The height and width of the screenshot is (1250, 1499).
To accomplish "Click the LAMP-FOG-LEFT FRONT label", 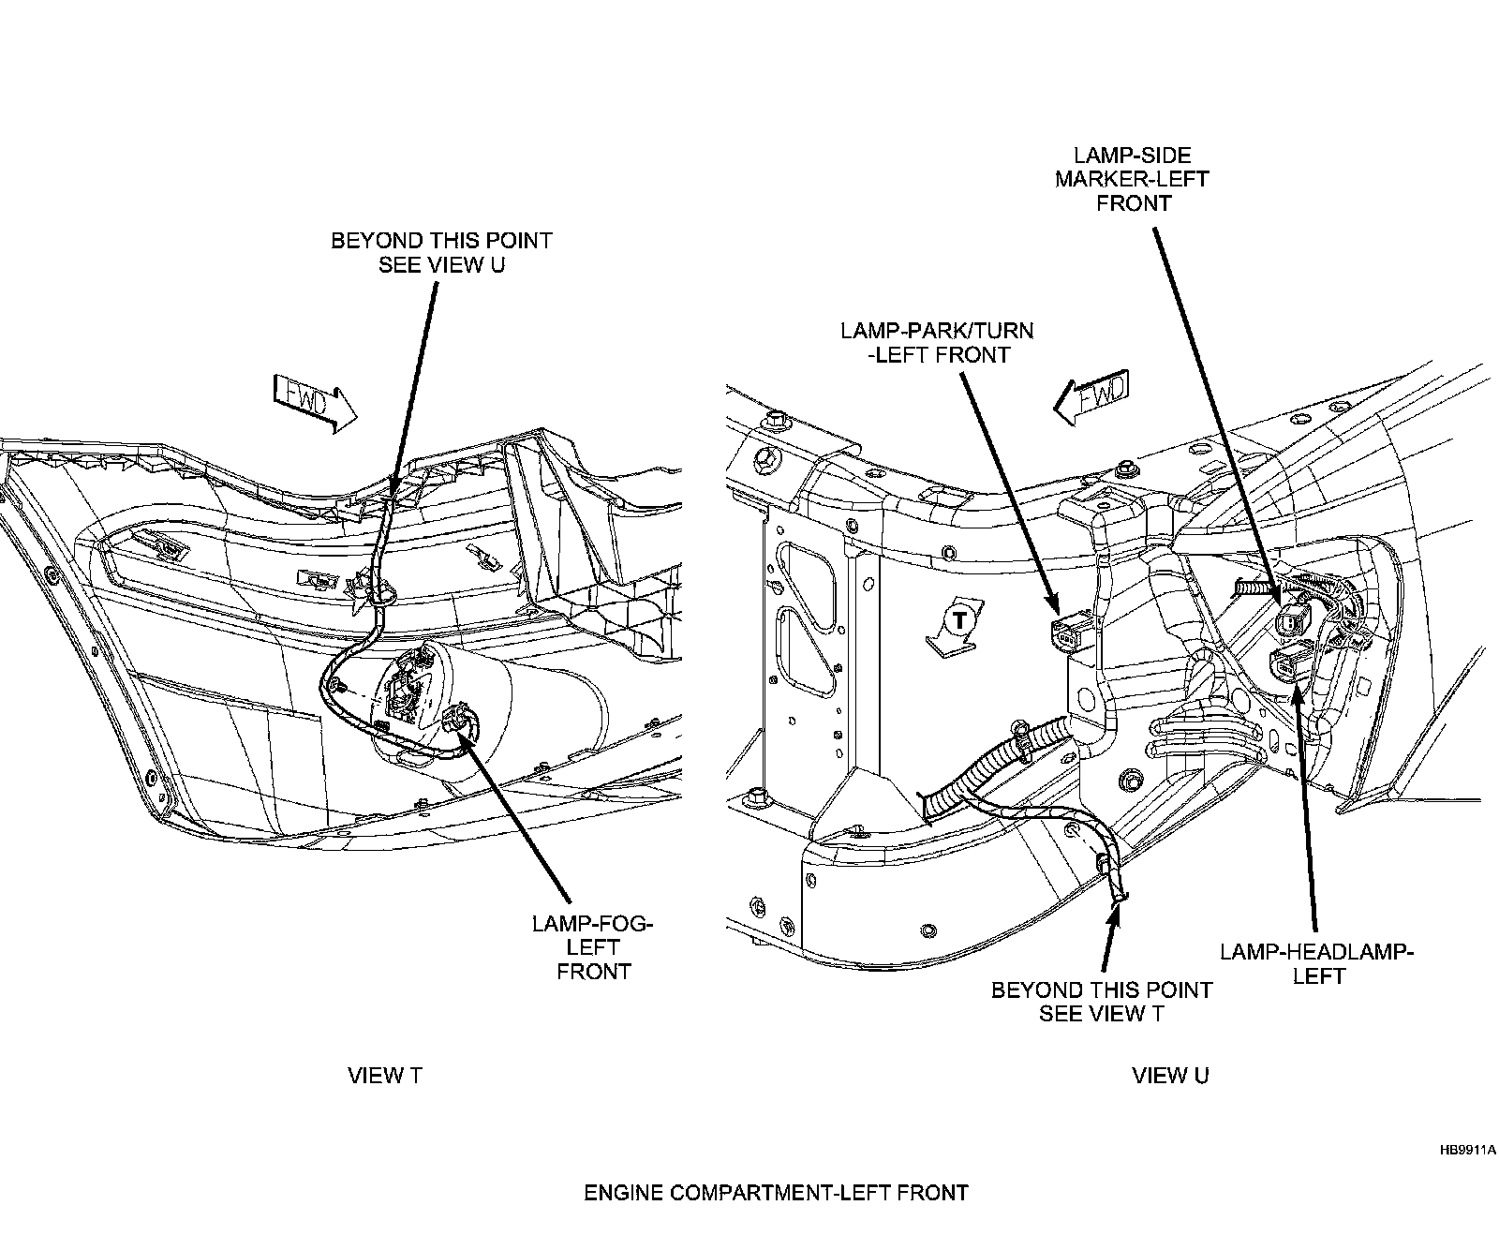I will coord(593,947).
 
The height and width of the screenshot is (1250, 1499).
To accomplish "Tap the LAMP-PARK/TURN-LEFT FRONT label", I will coord(937,342).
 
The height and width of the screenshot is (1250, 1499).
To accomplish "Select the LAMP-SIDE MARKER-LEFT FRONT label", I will coord(1133,178).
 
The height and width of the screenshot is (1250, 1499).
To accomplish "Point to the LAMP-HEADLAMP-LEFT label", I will coord(1316,964).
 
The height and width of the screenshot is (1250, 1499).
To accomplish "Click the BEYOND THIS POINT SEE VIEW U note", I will coord(441,252).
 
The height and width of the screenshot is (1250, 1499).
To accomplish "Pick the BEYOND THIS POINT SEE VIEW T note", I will coord(1102,1002).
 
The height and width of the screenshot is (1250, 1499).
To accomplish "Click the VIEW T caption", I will coord(385,1076).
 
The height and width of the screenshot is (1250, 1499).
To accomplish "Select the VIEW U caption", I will coord(1170,1076).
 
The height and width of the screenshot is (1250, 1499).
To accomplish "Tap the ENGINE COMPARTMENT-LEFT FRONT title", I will coord(776,1193).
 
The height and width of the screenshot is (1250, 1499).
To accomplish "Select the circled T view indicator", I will coord(957,619).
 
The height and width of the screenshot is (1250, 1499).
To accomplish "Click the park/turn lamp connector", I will coord(1066,628).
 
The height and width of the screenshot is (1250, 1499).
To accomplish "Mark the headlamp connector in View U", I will coord(1290,665).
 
